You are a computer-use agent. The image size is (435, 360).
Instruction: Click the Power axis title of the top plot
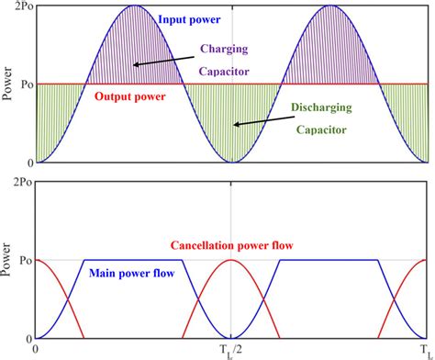click(9, 85)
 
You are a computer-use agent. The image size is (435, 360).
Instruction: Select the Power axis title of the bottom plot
click(9, 260)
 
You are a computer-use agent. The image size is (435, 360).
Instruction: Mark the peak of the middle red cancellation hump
click(231, 261)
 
